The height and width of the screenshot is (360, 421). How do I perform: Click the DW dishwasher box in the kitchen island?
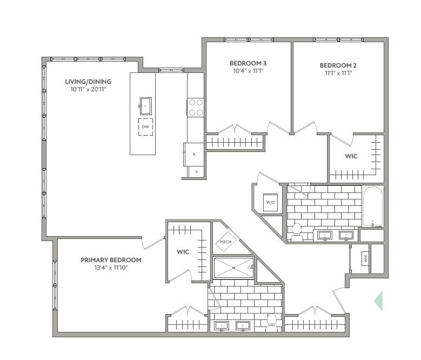pyautogui.click(x=145, y=127)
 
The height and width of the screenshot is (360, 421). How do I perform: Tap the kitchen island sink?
pyautogui.click(x=145, y=106)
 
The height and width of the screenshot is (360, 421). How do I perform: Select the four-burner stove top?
pyautogui.click(x=196, y=108)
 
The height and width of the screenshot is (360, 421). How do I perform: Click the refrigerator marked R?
pyautogui.click(x=194, y=155)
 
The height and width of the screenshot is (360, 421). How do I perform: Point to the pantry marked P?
pyautogui.click(x=196, y=172)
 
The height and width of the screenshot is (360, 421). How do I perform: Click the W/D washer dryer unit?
pyautogui.click(x=270, y=202)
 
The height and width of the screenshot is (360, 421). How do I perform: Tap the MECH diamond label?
pyautogui.click(x=226, y=242)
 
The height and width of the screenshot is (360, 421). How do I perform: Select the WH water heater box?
pyautogui.click(x=365, y=258)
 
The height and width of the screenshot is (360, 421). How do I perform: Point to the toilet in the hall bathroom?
pyautogui.click(x=297, y=232)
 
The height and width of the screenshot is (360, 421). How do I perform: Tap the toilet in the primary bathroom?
pyautogui.click(x=272, y=323)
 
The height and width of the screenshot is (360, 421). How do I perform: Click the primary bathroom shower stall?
pyautogui.click(x=233, y=268)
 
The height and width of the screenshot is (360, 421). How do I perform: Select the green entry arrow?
pyautogui.click(x=378, y=301)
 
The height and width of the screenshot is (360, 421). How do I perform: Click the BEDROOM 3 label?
pyautogui.click(x=248, y=63)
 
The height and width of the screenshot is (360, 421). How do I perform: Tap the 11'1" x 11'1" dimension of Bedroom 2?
pyautogui.click(x=338, y=73)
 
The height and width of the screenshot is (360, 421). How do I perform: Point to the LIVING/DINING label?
pyautogui.click(x=88, y=82)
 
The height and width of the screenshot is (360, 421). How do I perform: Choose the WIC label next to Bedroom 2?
pyautogui.click(x=351, y=156)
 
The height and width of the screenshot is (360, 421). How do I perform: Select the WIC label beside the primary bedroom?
pyautogui.click(x=183, y=252)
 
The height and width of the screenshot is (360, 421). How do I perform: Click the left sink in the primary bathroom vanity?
pyautogui.click(x=222, y=326)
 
